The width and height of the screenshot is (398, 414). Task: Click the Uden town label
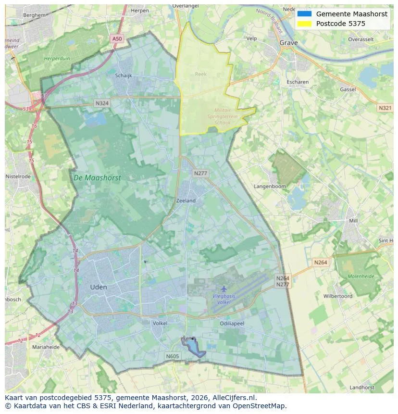coord(99,287)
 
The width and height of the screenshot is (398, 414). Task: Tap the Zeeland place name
coord(186,201)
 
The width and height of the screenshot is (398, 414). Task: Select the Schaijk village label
coord(124,75)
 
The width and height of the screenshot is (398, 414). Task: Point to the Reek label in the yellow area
coord(200,74)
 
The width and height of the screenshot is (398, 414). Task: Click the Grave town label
coord(288,43)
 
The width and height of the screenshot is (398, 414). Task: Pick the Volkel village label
coord(160,324)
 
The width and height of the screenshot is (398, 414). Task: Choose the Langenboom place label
coord(270,186)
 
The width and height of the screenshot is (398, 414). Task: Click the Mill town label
coord(353,221)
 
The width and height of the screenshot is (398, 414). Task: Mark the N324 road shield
coord(102,103)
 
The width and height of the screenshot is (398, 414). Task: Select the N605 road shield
coord(172,356)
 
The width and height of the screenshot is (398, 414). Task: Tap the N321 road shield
coord(385,108)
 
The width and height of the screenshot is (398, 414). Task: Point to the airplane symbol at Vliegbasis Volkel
coord(224,289)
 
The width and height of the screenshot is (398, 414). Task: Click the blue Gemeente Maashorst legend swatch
coord(305,14)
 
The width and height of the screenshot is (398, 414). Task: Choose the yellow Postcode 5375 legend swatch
coord(305,24)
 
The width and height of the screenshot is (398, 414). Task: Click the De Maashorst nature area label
coord(97,178)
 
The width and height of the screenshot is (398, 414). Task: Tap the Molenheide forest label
coord(361,276)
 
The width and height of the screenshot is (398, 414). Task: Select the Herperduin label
coord(57,58)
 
